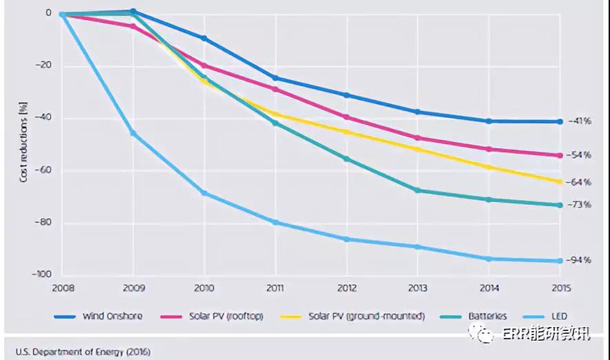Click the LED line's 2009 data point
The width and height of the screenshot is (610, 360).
tap(133, 132)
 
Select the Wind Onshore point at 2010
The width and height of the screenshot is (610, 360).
tap(204, 38)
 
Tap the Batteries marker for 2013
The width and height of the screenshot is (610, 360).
tap(417, 190)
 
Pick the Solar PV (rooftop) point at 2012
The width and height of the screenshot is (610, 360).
tap(346, 117)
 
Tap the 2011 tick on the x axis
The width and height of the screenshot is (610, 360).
tap(275, 288)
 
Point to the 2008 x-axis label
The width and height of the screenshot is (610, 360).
tap(63, 288)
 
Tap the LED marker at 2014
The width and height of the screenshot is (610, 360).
tap(489, 259)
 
